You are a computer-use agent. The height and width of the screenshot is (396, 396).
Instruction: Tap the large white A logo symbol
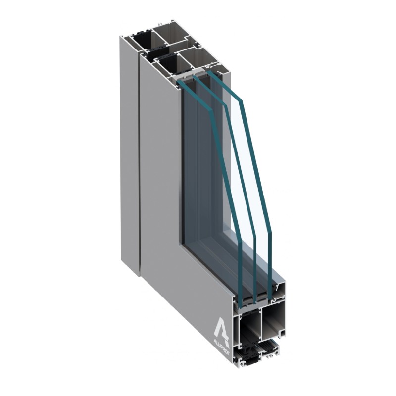tap(221, 328)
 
